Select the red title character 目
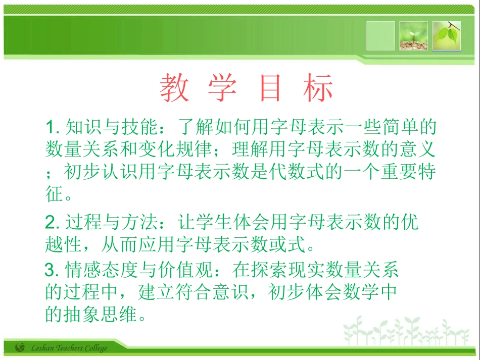click(x=270, y=88)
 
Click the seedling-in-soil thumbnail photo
click(x=413, y=36)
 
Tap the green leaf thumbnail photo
click(x=447, y=36)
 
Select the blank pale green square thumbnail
click(x=380, y=36)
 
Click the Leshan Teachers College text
click(x=69, y=348)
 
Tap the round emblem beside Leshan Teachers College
click(x=20, y=348)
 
